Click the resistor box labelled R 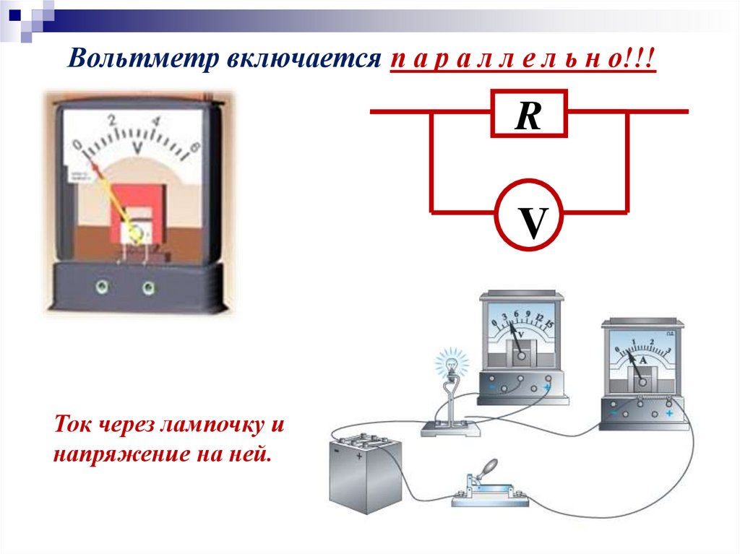pos(529,114)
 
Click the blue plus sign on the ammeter pos(670,413)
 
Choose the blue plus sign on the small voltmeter pos(547,387)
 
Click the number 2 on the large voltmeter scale pos(112,121)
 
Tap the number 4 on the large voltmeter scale pos(158,122)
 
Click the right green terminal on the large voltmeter pos(149,288)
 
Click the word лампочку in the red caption pos(210,426)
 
